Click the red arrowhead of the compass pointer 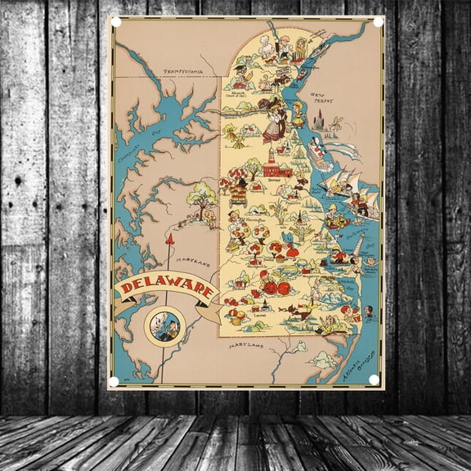[x=171, y=239]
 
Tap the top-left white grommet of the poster [x=115, y=22]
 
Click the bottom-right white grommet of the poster [x=374, y=379]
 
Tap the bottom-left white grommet [x=115, y=379]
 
